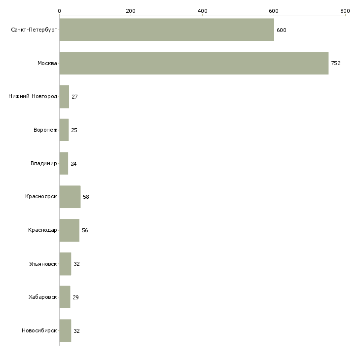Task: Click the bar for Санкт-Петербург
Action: coord(167,30)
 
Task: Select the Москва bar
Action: coord(194,63)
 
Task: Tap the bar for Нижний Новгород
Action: coord(64,97)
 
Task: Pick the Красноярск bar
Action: coord(70,197)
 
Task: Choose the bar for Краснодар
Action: coord(70,230)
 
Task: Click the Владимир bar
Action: coord(64,163)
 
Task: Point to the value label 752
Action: coord(336,63)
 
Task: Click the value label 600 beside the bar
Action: coord(282,30)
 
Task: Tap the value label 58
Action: coord(86,197)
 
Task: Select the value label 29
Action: coord(75,297)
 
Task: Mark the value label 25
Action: coord(74,130)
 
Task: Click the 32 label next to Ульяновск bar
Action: coord(76,264)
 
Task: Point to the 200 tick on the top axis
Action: coord(131,11)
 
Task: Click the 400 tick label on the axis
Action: coord(202,11)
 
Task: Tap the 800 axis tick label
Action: coord(345,11)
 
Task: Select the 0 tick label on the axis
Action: coord(60,11)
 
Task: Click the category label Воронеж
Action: coord(45,130)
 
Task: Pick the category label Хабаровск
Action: coord(43,297)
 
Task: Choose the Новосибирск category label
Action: coord(39,330)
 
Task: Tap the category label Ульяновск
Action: coord(43,264)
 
